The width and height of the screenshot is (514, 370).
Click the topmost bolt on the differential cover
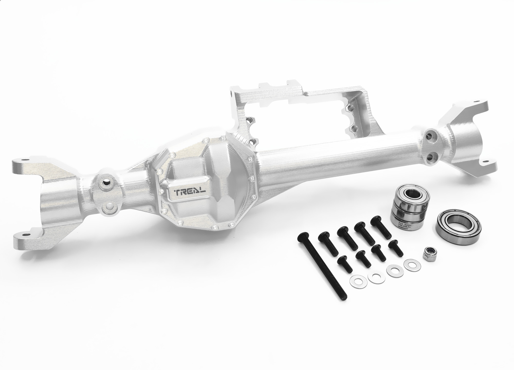[206, 140]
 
